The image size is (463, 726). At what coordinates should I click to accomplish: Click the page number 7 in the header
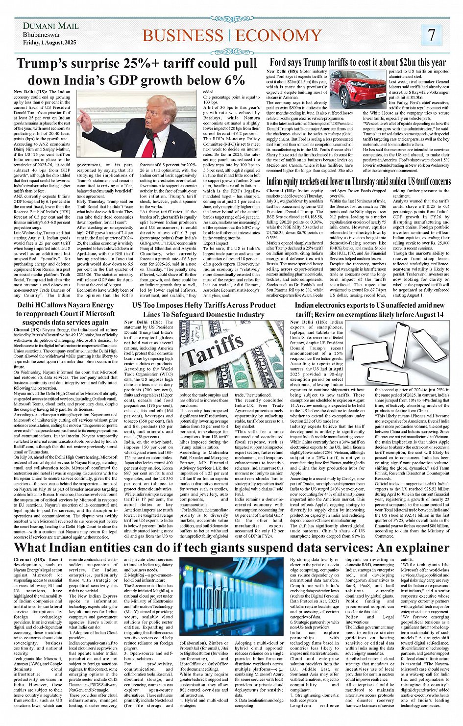pyautogui.click(x=431, y=35)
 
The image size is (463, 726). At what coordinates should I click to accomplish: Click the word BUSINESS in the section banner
pyautogui.click(x=183, y=36)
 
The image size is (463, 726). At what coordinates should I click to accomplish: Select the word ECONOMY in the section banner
pyautogui.click(x=279, y=36)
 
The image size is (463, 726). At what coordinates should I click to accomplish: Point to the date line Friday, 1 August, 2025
pyautogui.click(x=49, y=43)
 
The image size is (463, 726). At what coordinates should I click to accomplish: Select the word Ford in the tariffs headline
pyautogui.click(x=277, y=62)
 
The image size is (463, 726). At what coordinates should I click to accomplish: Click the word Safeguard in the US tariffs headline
pyautogui.click(x=196, y=314)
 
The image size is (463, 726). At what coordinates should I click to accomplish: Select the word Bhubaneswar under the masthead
pyautogui.click(x=42, y=35)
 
